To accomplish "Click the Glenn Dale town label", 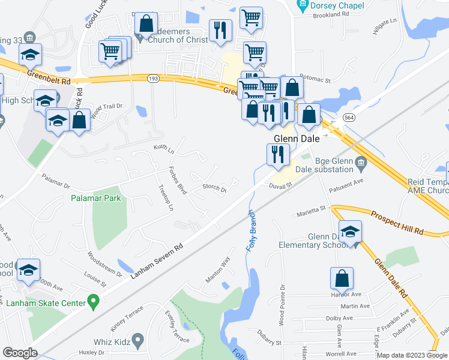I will (x=295, y=137).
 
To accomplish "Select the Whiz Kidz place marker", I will (x=138, y=340).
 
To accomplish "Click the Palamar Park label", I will (x=95, y=198).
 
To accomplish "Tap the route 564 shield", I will (x=348, y=118).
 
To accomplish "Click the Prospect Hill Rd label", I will (x=397, y=223).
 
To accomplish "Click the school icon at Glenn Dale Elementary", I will (x=351, y=232).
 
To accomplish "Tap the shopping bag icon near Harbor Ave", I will (x=342, y=278).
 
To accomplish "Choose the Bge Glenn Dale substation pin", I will (x=360, y=161).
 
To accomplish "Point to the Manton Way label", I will (x=218, y=271).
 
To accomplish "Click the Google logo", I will (x=20, y=353).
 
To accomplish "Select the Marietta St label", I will (x=311, y=211).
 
